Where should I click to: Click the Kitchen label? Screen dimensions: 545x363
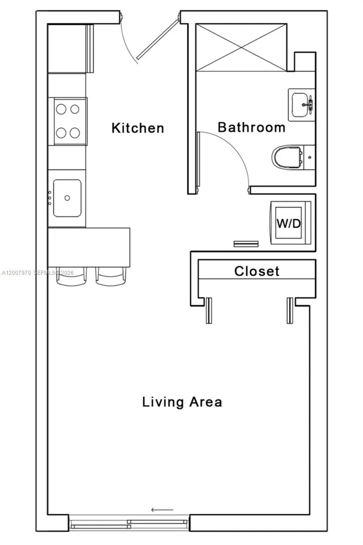click(x=138, y=128)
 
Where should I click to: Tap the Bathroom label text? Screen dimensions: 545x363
click(x=251, y=127)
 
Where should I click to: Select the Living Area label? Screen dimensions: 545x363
click(x=182, y=402)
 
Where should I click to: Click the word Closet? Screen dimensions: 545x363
click(x=257, y=272)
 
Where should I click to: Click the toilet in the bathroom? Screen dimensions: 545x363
click(x=288, y=157)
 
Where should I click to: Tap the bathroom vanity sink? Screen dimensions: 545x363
click(x=301, y=104)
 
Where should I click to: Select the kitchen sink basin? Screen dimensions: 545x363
click(x=67, y=198)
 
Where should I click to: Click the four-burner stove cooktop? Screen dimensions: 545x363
click(x=67, y=121)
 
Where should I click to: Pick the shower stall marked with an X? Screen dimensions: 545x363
click(x=241, y=47)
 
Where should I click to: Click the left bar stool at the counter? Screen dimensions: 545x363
click(x=71, y=277)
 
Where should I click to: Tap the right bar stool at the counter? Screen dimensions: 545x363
click(x=111, y=277)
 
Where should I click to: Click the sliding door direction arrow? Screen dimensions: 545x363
click(x=162, y=510)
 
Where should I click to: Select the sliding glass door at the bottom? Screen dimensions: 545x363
click(x=129, y=523)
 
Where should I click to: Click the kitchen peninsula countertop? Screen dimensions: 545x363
click(x=89, y=248)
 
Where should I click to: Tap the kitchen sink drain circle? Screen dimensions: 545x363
click(x=67, y=198)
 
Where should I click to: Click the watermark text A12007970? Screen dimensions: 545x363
click(x=16, y=273)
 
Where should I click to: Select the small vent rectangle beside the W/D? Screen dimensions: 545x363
click(x=246, y=244)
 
